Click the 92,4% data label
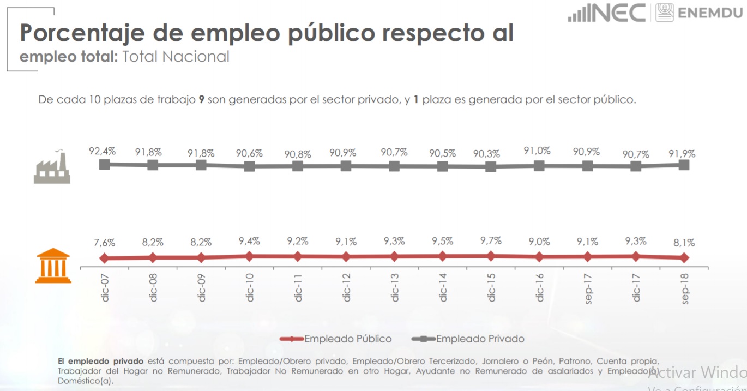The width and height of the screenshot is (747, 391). tap(103, 151)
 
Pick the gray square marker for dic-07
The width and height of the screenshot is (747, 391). tap(104, 164)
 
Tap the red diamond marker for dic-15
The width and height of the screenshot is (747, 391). tap(491, 256)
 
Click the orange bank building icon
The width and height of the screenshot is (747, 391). tap(53, 266)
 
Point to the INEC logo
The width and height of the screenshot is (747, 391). tap(606, 13)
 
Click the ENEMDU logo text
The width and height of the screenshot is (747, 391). tap(709, 13)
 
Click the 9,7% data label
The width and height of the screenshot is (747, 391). tap(491, 241)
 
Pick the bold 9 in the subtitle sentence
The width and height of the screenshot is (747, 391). tap(201, 100)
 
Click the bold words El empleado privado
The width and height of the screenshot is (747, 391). tap(100, 361)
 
